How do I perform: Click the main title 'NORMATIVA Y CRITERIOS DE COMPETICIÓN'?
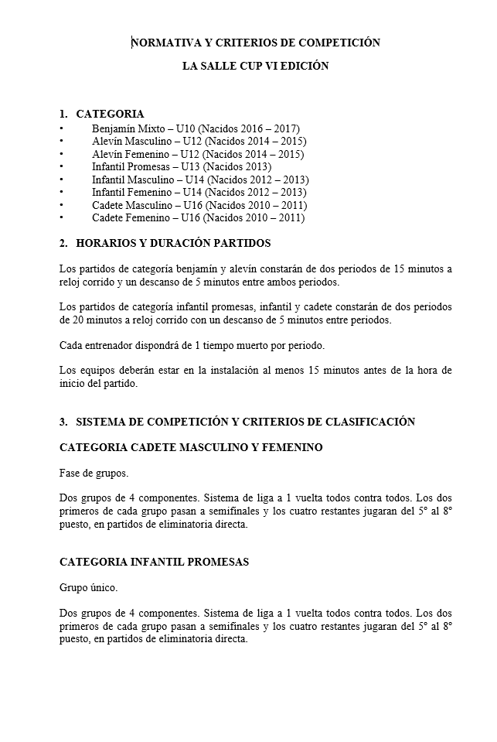pos(256,43)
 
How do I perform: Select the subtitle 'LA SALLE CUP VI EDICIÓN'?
pos(255,67)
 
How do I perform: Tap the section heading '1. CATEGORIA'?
pos(102,115)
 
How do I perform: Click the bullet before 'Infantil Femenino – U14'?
pos(62,192)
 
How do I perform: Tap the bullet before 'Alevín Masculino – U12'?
pos(62,141)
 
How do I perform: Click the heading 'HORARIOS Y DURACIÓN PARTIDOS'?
pos(173,244)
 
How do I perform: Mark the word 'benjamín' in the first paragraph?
pos(199,269)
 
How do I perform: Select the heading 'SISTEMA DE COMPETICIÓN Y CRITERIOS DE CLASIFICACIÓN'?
pos(245,422)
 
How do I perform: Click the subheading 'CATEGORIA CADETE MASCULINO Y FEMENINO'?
pos(191,448)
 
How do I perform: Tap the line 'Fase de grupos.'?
pos(94,473)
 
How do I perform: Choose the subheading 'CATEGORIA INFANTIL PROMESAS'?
pos(154,562)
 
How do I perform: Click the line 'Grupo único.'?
pos(88,587)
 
